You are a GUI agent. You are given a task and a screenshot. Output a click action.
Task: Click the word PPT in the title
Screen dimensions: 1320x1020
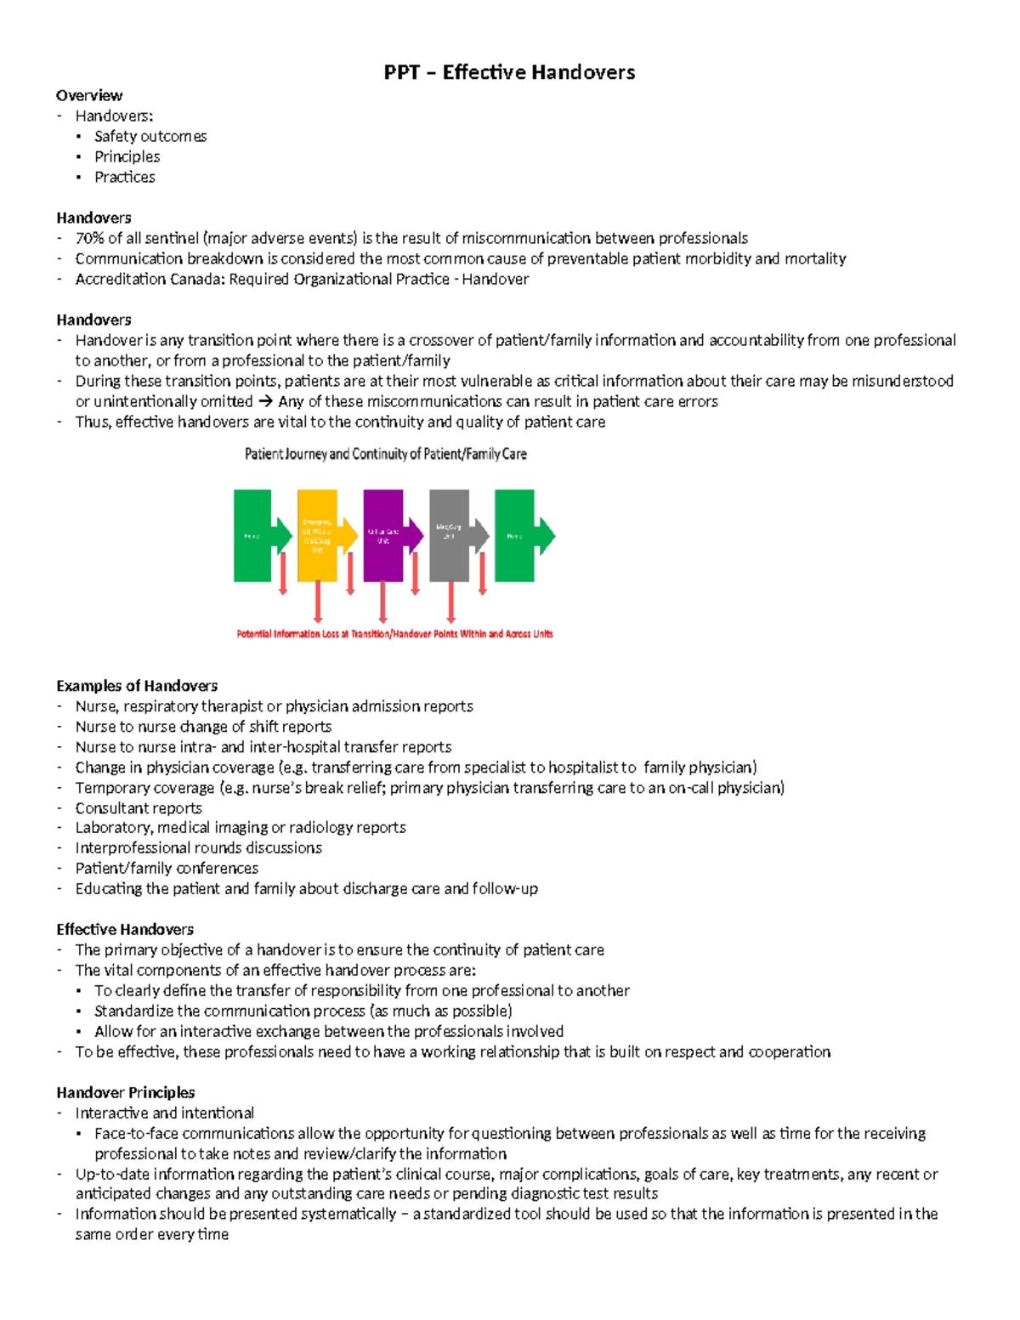point(401,72)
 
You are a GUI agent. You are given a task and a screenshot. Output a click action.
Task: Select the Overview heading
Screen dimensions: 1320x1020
point(89,95)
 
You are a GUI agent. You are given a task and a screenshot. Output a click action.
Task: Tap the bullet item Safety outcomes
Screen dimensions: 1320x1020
point(150,136)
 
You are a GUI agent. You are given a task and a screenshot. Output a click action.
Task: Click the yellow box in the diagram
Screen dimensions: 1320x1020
point(317,535)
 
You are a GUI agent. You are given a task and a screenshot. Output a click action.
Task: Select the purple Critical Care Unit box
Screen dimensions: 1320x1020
point(382,535)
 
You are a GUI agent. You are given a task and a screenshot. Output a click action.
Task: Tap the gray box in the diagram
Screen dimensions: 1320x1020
point(449,535)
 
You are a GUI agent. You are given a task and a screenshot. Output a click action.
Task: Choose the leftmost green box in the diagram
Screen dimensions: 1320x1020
point(252,535)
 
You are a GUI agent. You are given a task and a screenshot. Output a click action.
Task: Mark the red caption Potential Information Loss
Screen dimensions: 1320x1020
point(394,634)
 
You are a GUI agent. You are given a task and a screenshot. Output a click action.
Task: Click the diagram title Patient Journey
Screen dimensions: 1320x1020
point(385,454)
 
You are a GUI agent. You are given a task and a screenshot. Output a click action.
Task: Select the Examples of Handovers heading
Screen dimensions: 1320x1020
point(137,686)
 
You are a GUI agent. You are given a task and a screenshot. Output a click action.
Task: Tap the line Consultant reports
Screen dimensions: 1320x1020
point(139,808)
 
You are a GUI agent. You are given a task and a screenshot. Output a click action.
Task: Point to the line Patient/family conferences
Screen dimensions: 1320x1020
point(167,868)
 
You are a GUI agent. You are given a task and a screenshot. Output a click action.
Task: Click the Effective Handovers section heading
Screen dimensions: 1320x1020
point(125,929)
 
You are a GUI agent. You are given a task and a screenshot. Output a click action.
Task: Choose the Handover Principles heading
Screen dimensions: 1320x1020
point(126,1092)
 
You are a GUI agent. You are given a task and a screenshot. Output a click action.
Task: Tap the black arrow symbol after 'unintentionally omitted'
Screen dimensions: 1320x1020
point(265,401)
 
